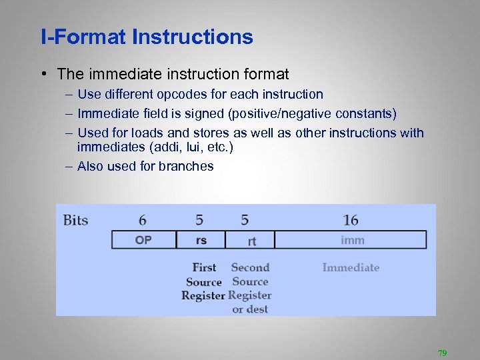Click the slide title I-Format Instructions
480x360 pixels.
[x=147, y=37]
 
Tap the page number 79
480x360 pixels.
[x=442, y=353]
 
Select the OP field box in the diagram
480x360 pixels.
[x=143, y=240]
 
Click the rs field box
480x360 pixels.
[x=201, y=240]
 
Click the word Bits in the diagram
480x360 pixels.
[x=75, y=220]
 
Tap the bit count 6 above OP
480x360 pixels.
[x=143, y=220]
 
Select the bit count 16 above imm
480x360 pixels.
[x=351, y=220]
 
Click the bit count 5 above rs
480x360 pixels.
[x=199, y=220]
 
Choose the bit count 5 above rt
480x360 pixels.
[x=245, y=220]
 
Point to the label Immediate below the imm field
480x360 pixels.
[x=351, y=267]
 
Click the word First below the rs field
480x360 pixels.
[x=204, y=267]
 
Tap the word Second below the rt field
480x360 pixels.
[x=250, y=267]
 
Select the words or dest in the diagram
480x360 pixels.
[x=249, y=309]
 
